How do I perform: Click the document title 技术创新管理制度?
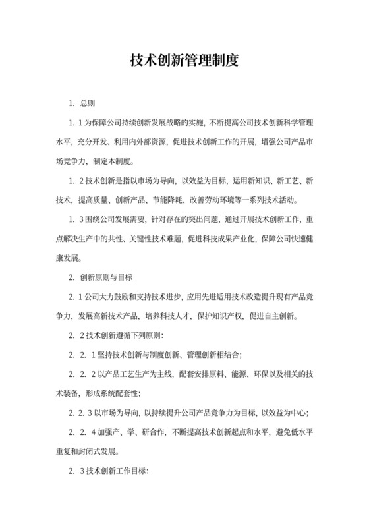pos(184,61)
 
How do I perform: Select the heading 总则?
pos(88,103)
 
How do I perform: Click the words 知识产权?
pos(217,315)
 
